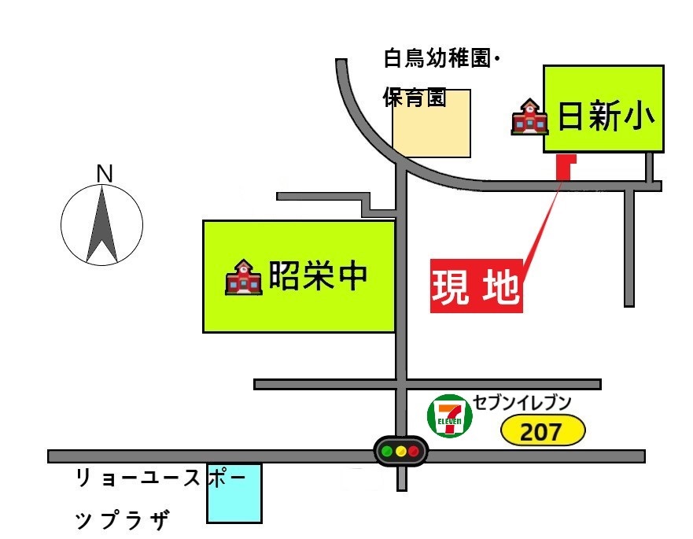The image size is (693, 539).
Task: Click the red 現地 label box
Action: (476, 288)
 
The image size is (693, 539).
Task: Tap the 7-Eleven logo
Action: (451, 415)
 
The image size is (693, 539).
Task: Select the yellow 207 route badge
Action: (544, 431)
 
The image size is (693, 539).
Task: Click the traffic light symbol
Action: (401, 452)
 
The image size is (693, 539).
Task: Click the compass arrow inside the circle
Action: (102, 224)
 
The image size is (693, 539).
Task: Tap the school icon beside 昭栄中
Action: (243, 277)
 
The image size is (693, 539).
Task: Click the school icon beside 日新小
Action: (529, 117)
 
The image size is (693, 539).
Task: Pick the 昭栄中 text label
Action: (319, 276)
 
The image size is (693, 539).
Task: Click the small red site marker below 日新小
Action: (565, 166)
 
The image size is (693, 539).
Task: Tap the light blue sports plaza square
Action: (234, 493)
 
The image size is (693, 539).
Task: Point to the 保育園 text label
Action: (415, 98)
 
